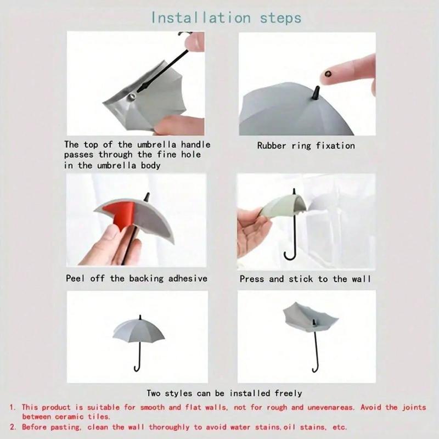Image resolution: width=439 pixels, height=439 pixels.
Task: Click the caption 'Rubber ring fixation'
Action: [306, 146]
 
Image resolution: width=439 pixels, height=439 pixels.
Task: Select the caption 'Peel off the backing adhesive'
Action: [137, 279]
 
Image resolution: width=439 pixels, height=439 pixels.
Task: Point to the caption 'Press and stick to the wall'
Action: [305, 279]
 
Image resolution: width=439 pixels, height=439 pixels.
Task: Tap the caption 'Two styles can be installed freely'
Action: [224, 393]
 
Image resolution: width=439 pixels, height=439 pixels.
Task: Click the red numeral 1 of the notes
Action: [12, 408]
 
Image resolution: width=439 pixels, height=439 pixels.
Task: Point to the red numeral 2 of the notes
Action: [12, 427]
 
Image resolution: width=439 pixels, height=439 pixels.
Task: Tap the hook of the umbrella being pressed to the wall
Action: [289, 254]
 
